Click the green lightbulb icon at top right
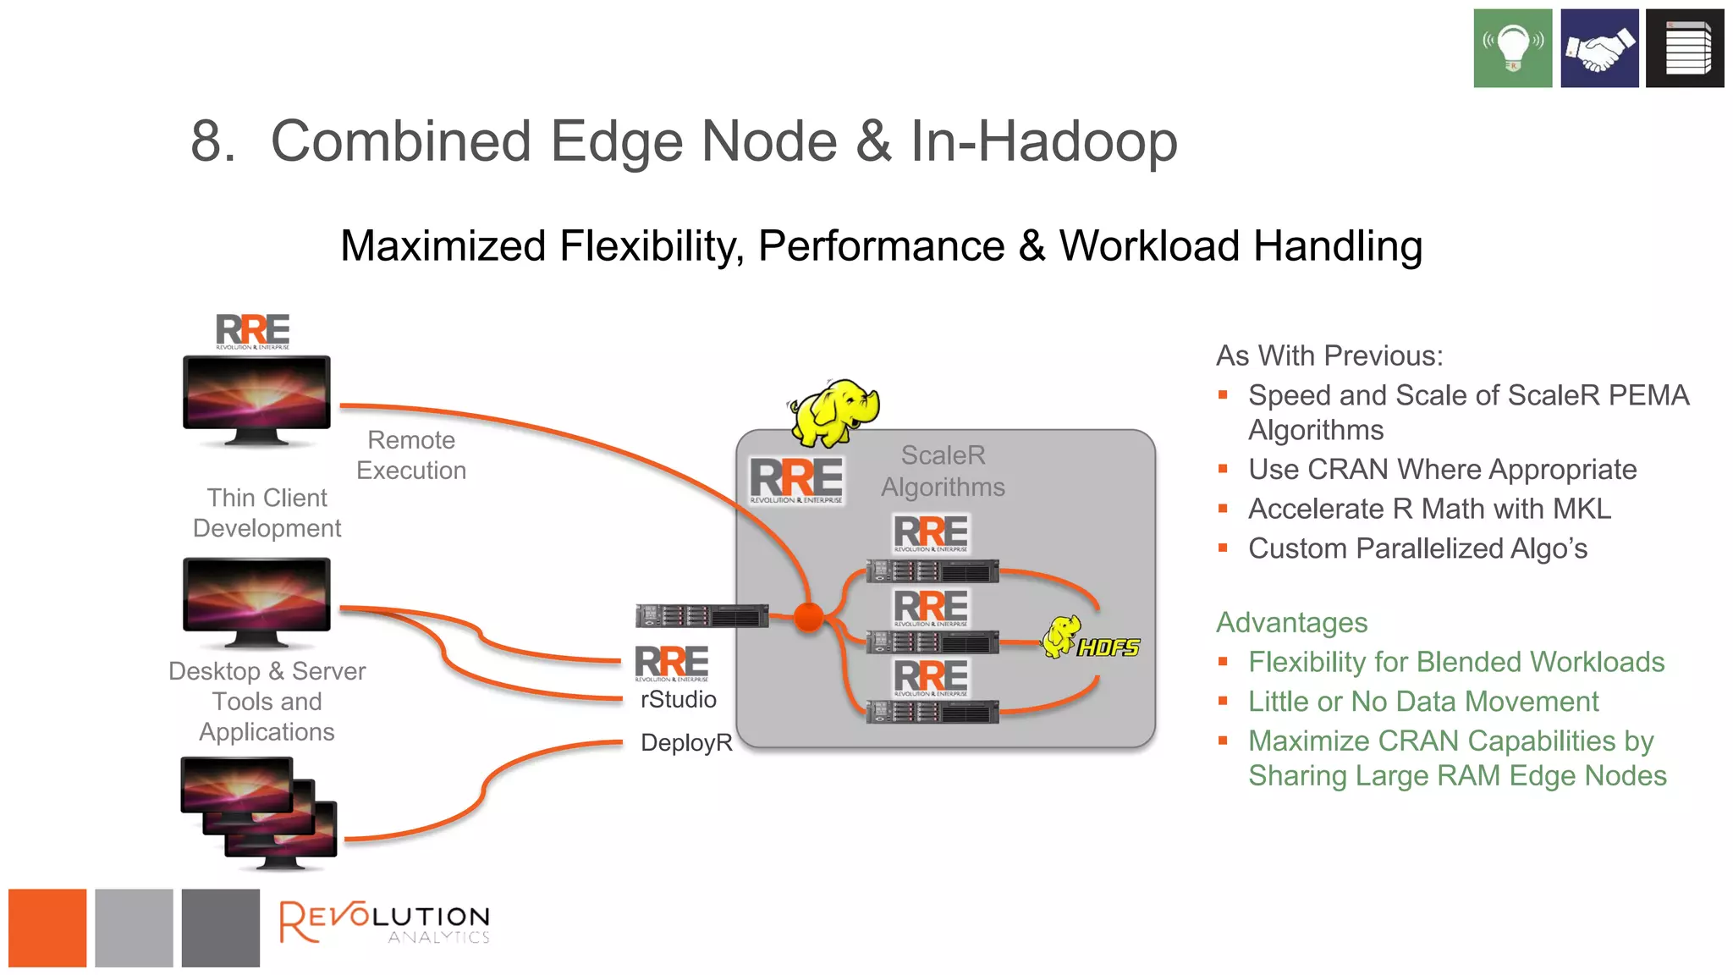pos(1512,48)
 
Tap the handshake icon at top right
pos(1598,48)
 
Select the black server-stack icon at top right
pos(1684,48)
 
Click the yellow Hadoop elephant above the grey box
pos(833,412)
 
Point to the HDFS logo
pos(1092,640)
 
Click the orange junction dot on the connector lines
pos(809,617)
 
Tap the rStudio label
pos(678,699)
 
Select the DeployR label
pos(685,742)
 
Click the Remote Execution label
pos(411,455)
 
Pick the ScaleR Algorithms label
pos(943,471)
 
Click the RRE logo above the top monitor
pos(252,331)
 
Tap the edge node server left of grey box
pos(701,615)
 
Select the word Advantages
pos(1291,622)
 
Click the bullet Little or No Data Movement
pos(1422,701)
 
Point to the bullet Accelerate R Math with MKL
pos(1429,509)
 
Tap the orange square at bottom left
pos(47,928)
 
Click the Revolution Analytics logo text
pos(385,923)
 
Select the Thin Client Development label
pos(267,513)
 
